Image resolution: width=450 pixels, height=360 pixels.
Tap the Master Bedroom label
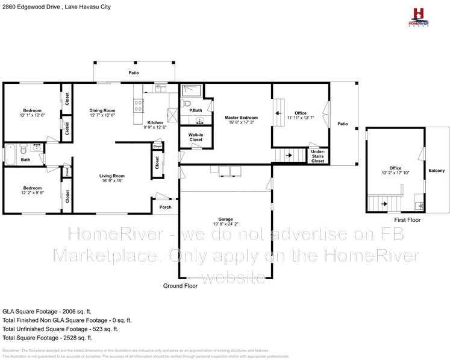[241, 118]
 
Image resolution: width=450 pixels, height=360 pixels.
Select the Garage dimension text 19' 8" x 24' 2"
[225, 224]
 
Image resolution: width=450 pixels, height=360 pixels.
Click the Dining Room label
[102, 110]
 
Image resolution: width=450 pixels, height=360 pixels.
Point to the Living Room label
[111, 175]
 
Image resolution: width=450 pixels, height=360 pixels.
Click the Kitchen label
[155, 122]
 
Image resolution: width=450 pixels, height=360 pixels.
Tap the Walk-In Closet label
[195, 137]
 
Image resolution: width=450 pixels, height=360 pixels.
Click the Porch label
[165, 207]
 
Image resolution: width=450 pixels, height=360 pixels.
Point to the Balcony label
[437, 171]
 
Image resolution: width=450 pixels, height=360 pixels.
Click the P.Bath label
[195, 110]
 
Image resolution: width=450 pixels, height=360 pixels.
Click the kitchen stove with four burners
[138, 106]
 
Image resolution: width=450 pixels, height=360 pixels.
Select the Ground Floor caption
[181, 286]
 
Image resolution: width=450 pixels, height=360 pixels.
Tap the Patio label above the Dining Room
[134, 72]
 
